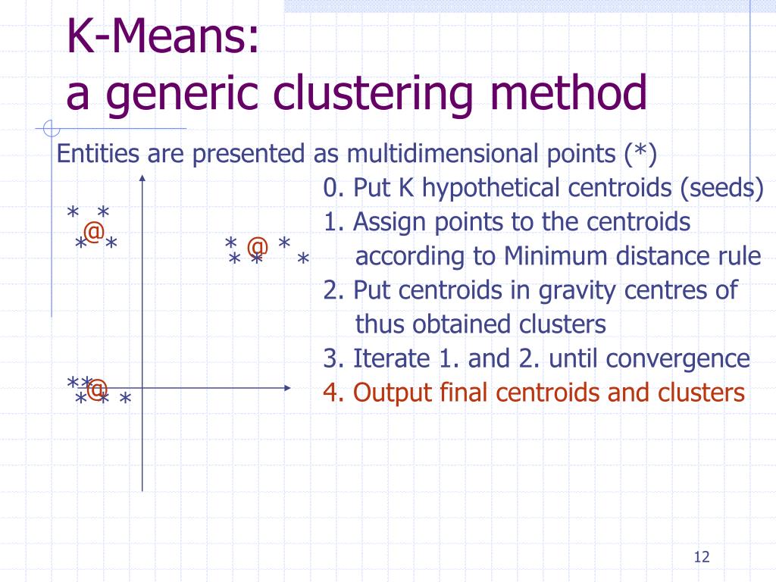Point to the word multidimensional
tap(443, 155)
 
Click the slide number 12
tap(701, 558)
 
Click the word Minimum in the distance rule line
tap(531, 256)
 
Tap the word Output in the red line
tap(386, 393)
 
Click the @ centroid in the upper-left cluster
tap(93, 232)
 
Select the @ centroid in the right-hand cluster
tap(258, 247)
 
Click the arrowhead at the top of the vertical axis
tap(142, 178)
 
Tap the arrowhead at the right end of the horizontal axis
tap(287, 388)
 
